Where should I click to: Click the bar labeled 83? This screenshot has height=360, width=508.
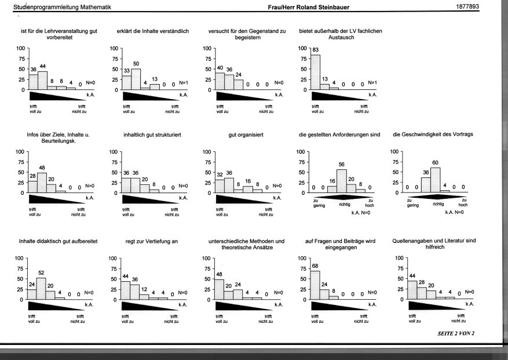click(316, 72)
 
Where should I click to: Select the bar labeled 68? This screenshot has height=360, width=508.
click(315, 285)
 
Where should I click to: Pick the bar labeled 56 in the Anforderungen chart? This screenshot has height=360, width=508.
click(342, 181)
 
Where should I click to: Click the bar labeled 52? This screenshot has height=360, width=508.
click(41, 289)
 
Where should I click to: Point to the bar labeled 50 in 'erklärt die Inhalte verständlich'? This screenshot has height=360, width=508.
click(136, 79)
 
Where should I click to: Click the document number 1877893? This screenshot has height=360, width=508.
click(467, 6)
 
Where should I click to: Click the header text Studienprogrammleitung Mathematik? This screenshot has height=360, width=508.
click(62, 7)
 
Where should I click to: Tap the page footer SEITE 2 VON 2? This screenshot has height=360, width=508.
click(456, 333)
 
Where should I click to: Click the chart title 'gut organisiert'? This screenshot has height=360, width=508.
click(246, 135)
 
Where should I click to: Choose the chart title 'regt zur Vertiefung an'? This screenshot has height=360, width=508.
click(152, 241)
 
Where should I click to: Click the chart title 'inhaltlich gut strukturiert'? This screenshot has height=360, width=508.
click(152, 135)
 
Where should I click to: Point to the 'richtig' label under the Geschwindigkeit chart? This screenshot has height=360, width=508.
click(438, 204)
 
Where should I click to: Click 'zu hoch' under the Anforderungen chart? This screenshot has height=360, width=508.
click(370, 203)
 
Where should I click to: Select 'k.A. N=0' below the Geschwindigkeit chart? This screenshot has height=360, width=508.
click(454, 212)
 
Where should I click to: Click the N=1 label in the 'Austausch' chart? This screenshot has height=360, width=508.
click(372, 83)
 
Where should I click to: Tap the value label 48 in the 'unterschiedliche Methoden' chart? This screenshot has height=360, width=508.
click(219, 274)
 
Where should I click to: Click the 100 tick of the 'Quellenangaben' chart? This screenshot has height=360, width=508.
click(399, 258)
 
